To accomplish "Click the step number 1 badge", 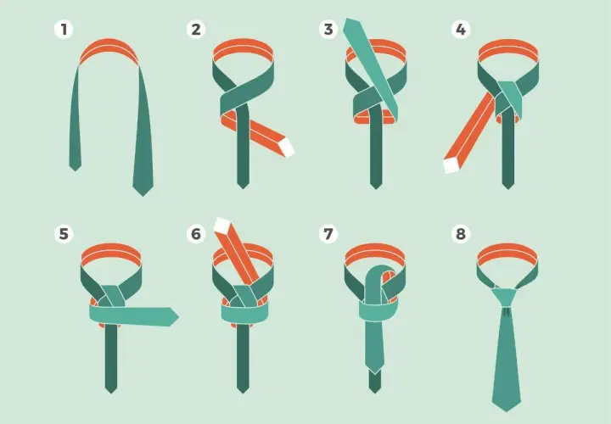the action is coord(64,29).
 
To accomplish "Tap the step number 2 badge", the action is coord(196,29).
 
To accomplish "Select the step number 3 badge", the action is coord(328,29).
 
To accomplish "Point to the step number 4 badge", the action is coord(461,29).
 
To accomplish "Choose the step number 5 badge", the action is coord(64,234).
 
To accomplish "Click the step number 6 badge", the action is coord(196,234).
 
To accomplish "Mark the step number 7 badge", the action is coord(328,234).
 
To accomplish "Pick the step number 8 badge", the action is coord(461,234).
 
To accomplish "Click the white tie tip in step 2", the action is coord(288,147).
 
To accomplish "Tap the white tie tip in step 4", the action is coord(451,165).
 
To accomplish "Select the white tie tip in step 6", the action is coord(222,226).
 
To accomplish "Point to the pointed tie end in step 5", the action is coord(174,316).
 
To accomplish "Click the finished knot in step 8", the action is coord(506,298).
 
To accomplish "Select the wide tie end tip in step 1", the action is coord(143,195).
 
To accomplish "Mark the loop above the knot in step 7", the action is coord(380,276).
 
